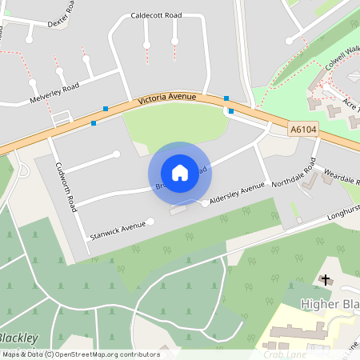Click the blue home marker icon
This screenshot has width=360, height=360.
(x=180, y=173)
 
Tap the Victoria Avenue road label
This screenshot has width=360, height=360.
(x=168, y=100)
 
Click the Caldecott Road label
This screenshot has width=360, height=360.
(x=155, y=15)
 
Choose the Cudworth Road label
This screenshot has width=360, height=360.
(x=63, y=182)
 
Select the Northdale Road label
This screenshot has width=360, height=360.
(x=294, y=173)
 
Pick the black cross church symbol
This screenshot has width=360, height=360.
(x=325, y=278)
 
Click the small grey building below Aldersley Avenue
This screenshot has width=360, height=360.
(x=178, y=210)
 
